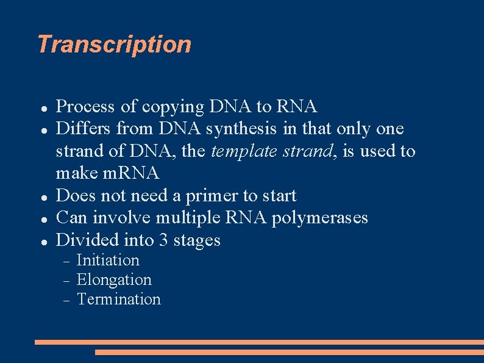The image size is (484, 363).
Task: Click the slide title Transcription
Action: [114, 45]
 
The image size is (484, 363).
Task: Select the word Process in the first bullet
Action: [85, 107]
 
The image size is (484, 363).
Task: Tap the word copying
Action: [173, 107]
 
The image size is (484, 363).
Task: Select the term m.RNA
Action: [131, 173]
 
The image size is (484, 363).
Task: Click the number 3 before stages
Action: [163, 240]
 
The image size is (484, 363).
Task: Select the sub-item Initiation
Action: [108, 261]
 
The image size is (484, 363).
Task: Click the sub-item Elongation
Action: [114, 280]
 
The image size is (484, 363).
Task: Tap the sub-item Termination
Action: [119, 300]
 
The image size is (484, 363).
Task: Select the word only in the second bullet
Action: [353, 129]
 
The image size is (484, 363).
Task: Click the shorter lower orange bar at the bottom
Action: [289, 352]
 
